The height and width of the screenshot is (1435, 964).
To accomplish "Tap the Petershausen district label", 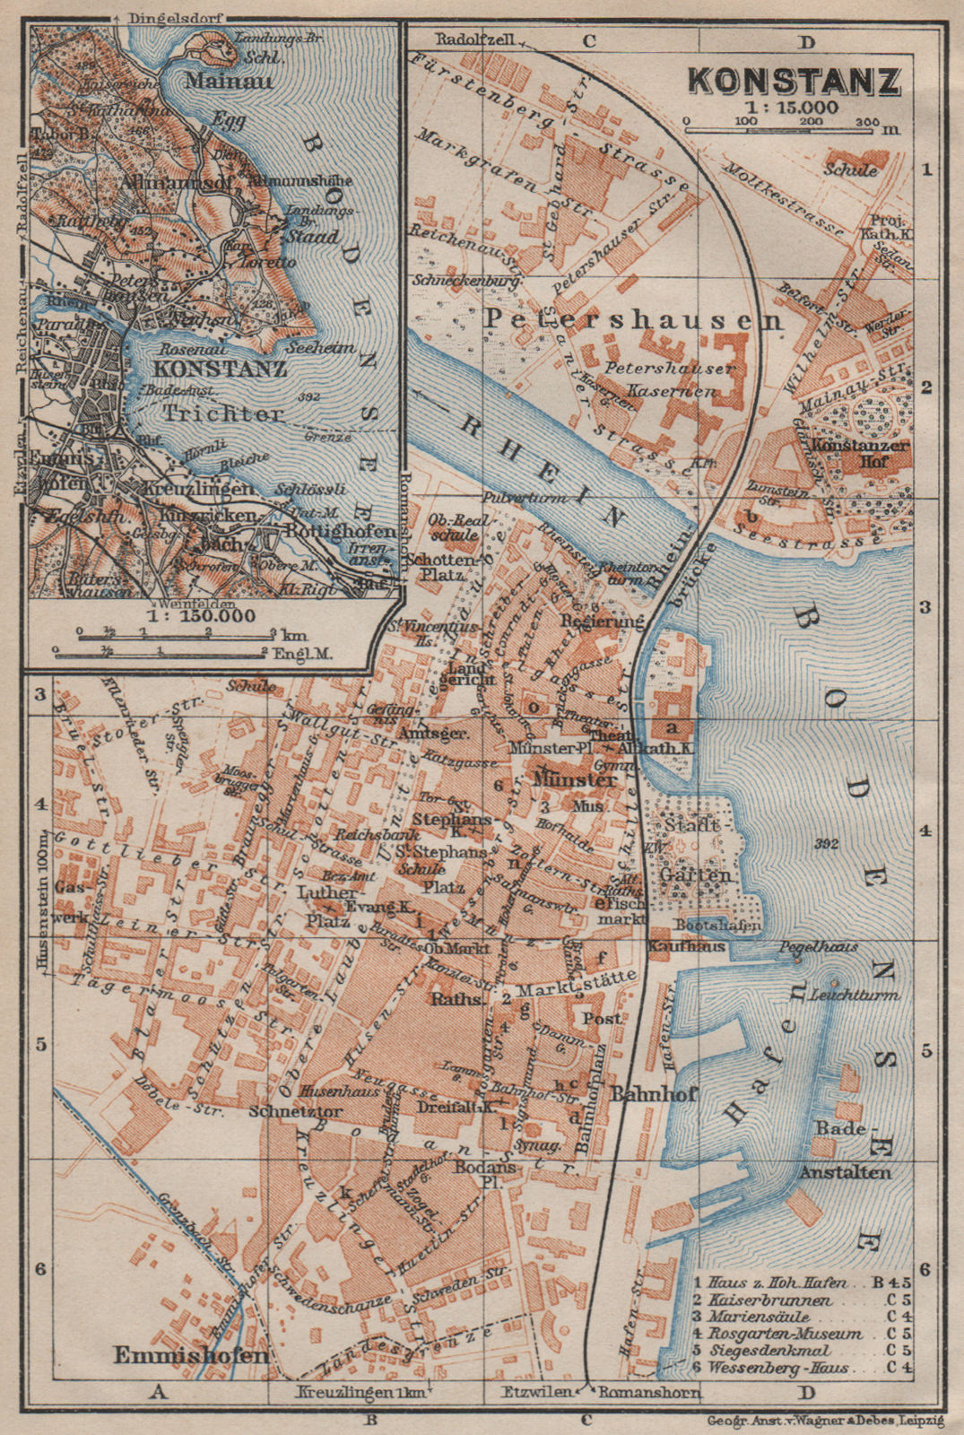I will (x=632, y=319).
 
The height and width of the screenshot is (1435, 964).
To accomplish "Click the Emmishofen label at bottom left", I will (x=191, y=1355).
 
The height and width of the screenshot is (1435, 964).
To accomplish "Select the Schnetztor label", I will (x=258, y=1108).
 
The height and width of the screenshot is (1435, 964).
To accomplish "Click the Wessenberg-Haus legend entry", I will (x=780, y=1367).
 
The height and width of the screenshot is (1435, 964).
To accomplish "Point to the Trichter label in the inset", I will (x=223, y=414).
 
